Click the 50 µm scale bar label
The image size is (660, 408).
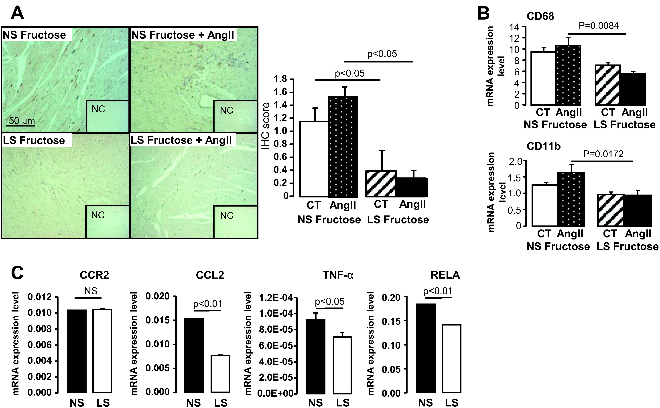tap(22, 120)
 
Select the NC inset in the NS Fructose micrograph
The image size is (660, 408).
tap(107, 116)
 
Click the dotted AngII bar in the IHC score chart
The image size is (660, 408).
tap(343, 147)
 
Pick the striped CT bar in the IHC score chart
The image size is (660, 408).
tap(381, 184)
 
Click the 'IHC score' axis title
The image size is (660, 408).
tap(266, 126)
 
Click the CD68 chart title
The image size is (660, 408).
tap(540, 16)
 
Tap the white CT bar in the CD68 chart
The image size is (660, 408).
tap(543, 78)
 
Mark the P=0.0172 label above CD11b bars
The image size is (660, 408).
tap(603, 154)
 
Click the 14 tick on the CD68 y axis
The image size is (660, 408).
tap(515, 27)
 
